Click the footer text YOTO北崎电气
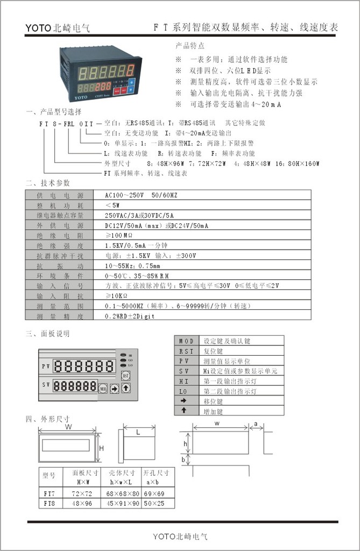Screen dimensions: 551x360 pos(180,536)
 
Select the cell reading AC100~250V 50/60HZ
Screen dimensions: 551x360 pos(140,195)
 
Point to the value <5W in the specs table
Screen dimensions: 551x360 pos(112,204)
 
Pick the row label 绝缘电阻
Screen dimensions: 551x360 pos(60,235)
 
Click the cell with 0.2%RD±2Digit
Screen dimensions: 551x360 pos(130,317)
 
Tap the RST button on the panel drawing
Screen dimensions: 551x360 pos(126,375)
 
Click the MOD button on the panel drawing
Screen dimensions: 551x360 pos(103,387)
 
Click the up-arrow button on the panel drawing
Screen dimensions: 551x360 pos(125,387)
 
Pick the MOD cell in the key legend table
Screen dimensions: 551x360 pos(186,341)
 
